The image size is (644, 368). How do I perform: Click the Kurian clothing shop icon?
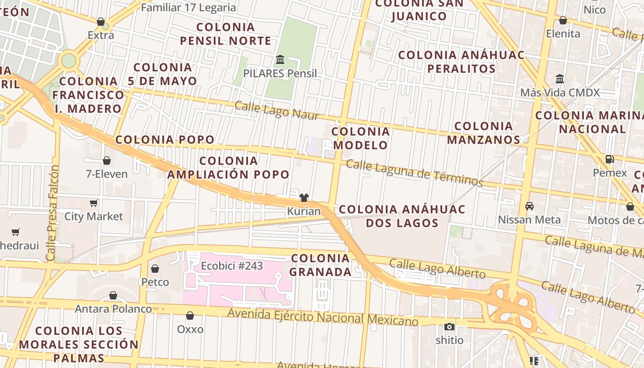tap(304, 198)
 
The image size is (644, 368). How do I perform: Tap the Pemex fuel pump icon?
tap(610, 159)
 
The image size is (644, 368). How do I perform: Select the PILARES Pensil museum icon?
tap(280, 60)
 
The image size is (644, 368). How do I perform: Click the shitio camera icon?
tap(449, 327)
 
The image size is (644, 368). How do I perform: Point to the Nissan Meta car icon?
tap(529, 206)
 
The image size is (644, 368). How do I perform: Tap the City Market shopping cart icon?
tap(94, 203)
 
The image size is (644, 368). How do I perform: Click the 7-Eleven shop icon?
tap(107, 161)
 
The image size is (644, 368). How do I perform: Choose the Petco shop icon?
tap(155, 269)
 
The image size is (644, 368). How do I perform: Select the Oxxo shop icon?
tap(190, 316)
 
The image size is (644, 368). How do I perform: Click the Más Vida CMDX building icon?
tap(560, 79)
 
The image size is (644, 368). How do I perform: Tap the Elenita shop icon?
tap(563, 20)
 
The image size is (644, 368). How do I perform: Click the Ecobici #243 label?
tap(232, 266)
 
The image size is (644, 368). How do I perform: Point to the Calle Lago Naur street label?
tap(276, 110)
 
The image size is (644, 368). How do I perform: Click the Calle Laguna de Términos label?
tap(414, 173)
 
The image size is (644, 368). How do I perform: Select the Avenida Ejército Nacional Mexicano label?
tap(323, 318)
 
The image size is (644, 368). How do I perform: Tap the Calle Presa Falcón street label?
tap(52, 213)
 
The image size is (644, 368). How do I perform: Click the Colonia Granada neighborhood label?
tap(320, 265)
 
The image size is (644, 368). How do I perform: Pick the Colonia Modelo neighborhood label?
tap(361, 138)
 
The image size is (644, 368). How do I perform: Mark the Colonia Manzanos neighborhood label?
tap(483, 132)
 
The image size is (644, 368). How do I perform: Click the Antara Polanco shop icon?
tap(113, 295)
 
